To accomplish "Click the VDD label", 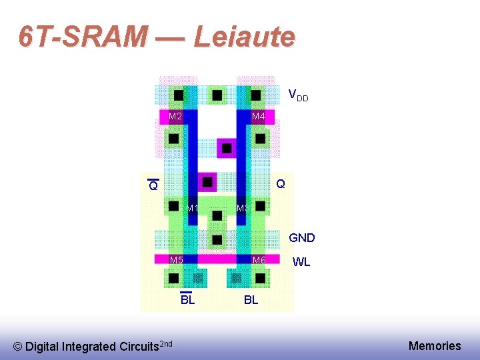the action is point(297,96).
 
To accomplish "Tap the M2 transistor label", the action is point(175,117).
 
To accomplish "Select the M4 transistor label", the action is point(259,117).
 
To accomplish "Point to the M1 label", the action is point(193,209).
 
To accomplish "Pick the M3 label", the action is point(243,209).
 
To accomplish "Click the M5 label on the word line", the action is point(176,260).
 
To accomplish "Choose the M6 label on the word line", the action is point(259,260).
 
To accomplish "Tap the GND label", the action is point(301,237).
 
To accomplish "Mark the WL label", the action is point(301,262).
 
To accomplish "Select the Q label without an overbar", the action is point(281,183).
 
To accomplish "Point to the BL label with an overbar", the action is point(187,299).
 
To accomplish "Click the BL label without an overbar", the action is point(251,300).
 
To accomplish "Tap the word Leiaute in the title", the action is point(244,37).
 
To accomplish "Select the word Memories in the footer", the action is point(435,345).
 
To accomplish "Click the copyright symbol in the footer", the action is point(18,347).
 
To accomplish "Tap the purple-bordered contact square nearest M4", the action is point(227,147).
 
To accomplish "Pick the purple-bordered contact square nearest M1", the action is point(208,181).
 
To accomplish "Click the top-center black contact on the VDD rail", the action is point(217,95).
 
